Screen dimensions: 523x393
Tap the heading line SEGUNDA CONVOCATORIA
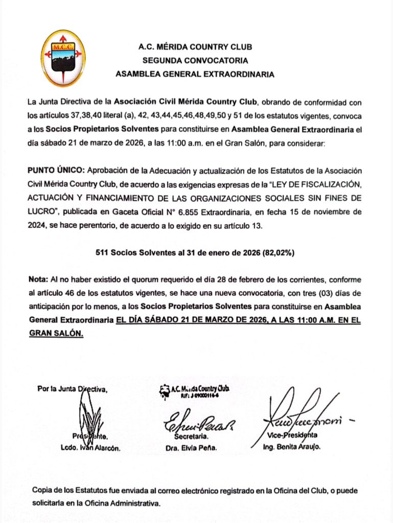point(195,60)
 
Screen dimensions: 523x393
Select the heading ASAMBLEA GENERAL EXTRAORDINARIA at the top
point(195,74)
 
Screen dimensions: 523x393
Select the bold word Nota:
point(38,280)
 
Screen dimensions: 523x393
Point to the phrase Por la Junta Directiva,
point(73,389)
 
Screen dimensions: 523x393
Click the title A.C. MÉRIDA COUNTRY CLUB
point(195,47)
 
